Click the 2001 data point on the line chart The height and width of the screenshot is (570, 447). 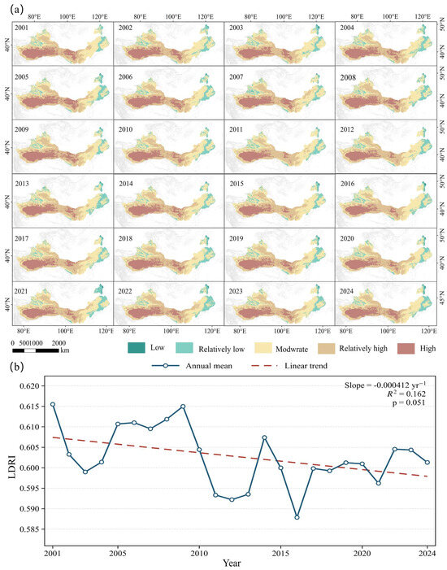coord(53,404)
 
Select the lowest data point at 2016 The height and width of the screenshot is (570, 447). coord(297,517)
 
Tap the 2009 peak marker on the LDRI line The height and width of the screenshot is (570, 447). coord(183,407)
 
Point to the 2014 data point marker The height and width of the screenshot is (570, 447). coord(264,437)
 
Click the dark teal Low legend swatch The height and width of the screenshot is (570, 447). coord(137,348)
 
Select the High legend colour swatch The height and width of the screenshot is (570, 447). coord(406,348)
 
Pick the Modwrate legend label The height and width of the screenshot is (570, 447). coord(292,349)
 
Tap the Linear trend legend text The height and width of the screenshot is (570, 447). coord(306,366)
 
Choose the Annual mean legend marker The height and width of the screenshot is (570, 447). coord(165,366)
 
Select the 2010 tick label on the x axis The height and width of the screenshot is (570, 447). coord(199,554)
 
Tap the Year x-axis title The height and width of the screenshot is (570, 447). coord(232,563)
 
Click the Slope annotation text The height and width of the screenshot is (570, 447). coord(385,385)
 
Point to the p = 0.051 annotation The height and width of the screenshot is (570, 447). coord(409,402)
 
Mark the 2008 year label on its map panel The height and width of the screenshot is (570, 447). coord(348,77)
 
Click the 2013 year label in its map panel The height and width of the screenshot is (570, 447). coord(22,184)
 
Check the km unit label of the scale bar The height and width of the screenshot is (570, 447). coord(65,350)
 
